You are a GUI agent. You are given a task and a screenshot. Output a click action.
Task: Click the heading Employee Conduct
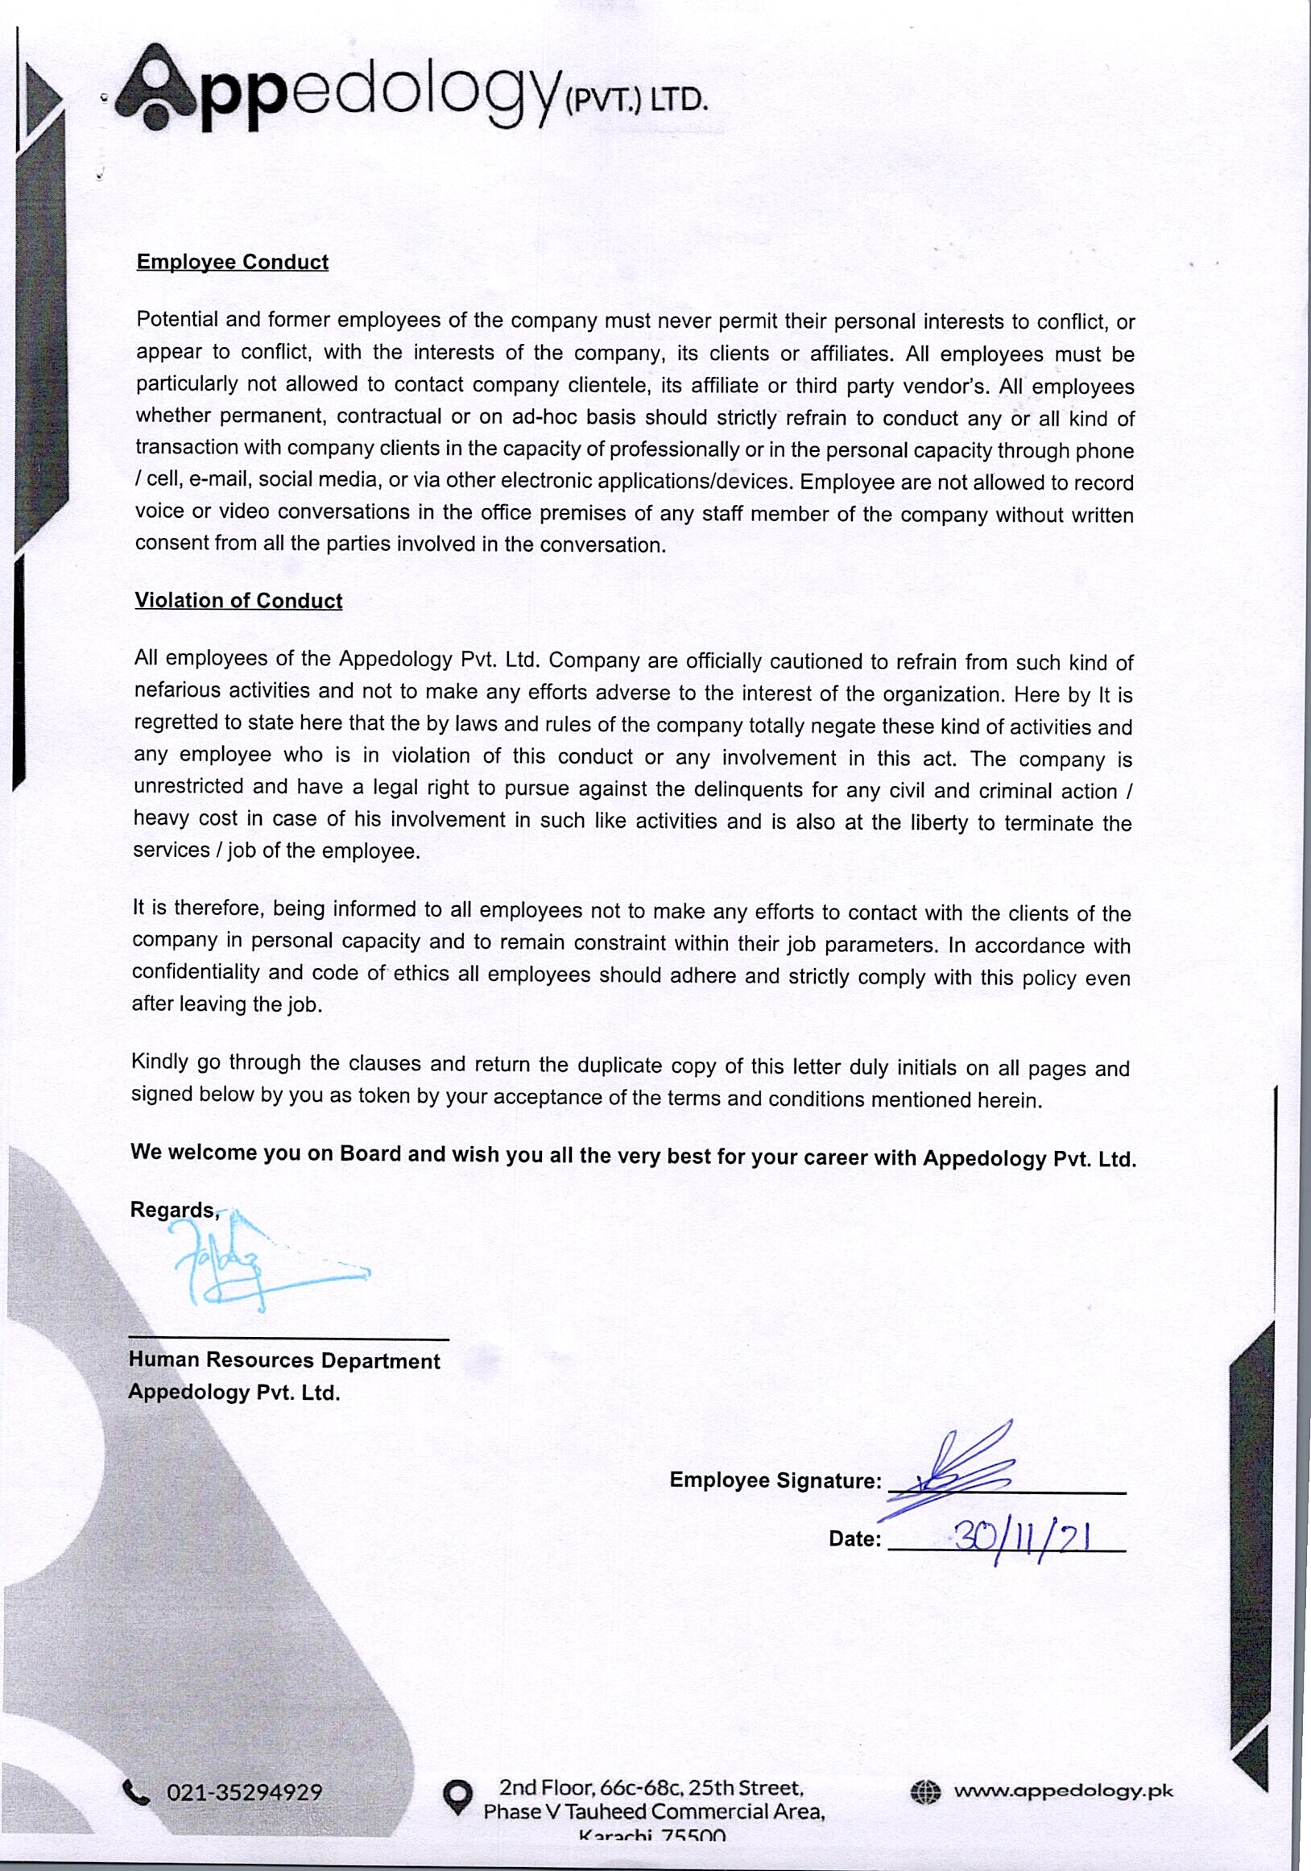tap(232, 263)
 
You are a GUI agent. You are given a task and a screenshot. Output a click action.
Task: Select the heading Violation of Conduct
tap(238, 601)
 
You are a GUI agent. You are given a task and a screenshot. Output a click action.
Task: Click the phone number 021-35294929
tap(245, 1792)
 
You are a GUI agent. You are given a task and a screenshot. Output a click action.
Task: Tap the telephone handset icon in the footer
tap(136, 1791)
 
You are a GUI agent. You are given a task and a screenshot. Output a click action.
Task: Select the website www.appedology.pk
tap(1063, 1790)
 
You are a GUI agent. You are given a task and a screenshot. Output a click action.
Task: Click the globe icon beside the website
tap(924, 1791)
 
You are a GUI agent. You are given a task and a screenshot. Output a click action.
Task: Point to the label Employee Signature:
tap(775, 1480)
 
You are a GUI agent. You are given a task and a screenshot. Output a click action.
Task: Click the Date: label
tap(854, 1539)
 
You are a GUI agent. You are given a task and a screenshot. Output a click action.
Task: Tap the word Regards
tap(173, 1210)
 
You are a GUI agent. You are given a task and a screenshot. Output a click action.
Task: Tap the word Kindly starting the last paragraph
tap(159, 1062)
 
